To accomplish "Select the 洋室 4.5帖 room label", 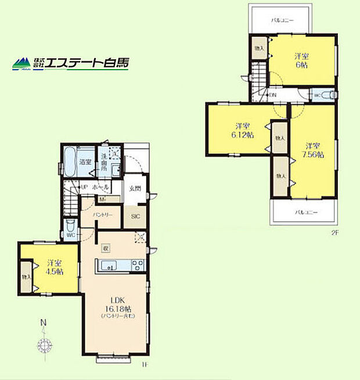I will tap(55, 268).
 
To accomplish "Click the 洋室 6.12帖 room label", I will tap(243, 130).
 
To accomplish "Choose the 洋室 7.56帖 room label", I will tap(314, 150).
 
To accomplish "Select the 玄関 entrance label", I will tap(135, 188).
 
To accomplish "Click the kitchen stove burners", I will tap(138, 266).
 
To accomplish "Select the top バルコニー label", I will tap(283, 21).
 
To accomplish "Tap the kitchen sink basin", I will tap(109, 266).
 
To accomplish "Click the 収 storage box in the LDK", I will tap(106, 248).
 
